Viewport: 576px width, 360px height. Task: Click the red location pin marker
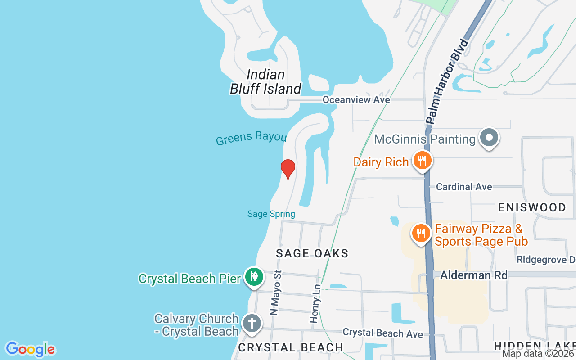point(288,168)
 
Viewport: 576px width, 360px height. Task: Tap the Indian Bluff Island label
point(265,81)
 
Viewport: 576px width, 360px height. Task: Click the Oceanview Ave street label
point(356,99)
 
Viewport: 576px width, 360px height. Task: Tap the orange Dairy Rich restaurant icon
point(422,160)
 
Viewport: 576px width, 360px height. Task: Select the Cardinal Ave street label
point(464,186)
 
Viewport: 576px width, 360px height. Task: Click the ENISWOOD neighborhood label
point(532,207)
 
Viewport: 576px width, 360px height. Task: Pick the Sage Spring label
point(271,214)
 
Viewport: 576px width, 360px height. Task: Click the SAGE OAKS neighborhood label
point(312,253)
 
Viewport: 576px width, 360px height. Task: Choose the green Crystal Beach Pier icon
point(254,276)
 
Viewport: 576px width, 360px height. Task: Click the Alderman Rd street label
point(473,275)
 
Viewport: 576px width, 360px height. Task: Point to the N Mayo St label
point(275,292)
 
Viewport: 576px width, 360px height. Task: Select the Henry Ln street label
point(315,303)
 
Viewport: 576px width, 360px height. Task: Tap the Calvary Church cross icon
point(252,323)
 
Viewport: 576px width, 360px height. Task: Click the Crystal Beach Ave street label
point(382,333)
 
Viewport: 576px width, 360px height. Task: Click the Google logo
point(30,349)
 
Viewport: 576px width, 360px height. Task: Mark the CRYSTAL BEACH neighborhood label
point(291,347)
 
